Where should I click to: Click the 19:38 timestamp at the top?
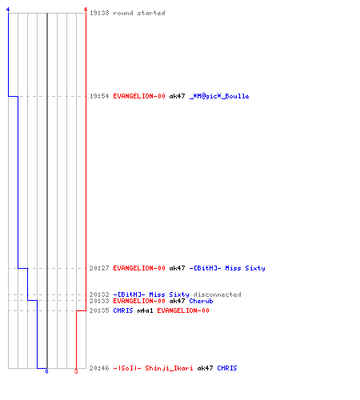99,13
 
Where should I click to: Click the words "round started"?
139,13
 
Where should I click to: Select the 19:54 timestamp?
99,96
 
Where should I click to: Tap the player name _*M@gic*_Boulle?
219,96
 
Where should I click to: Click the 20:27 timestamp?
99,268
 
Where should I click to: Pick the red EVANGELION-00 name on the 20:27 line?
139,268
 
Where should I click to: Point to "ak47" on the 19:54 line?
177,96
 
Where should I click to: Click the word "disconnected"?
217,294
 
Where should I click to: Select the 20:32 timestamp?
99,294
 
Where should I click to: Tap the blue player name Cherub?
201,301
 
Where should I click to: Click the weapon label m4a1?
145,310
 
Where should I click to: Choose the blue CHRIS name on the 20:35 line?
123,310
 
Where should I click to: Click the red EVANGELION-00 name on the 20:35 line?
183,310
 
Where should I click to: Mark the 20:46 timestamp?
99,368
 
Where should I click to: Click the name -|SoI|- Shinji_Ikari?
153,368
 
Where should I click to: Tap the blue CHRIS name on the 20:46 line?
227,368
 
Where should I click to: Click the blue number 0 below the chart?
46,371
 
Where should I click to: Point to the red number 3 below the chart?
76,371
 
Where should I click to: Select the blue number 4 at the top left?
8,10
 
